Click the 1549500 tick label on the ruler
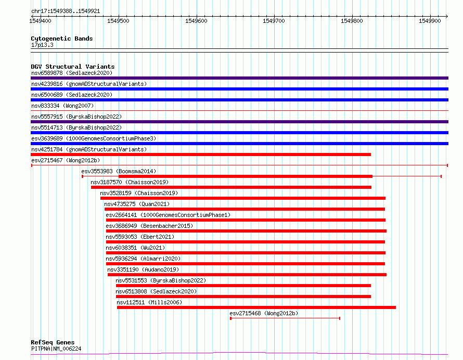[x=118, y=21]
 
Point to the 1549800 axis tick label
[x=352, y=21]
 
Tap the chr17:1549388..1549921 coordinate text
[x=66, y=11]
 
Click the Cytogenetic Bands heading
[x=62, y=38]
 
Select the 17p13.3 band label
[x=42, y=45]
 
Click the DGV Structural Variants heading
[x=73, y=67]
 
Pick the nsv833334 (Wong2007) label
[x=62, y=106]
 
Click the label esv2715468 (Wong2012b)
[x=264, y=313]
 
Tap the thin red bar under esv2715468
[x=285, y=318]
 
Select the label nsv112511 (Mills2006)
[x=149, y=302]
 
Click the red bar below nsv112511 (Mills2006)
[x=256, y=307]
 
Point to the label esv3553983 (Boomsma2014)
[x=119, y=171]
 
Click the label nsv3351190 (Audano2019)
[x=143, y=269]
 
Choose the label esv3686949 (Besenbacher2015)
[x=149, y=226]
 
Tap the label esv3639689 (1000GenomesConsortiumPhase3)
[x=94, y=138]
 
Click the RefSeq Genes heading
[x=53, y=342]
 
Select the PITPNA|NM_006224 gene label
[x=56, y=349]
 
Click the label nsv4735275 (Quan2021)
[x=137, y=204]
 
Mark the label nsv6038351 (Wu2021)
[x=135, y=248]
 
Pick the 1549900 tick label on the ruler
[x=430, y=21]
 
